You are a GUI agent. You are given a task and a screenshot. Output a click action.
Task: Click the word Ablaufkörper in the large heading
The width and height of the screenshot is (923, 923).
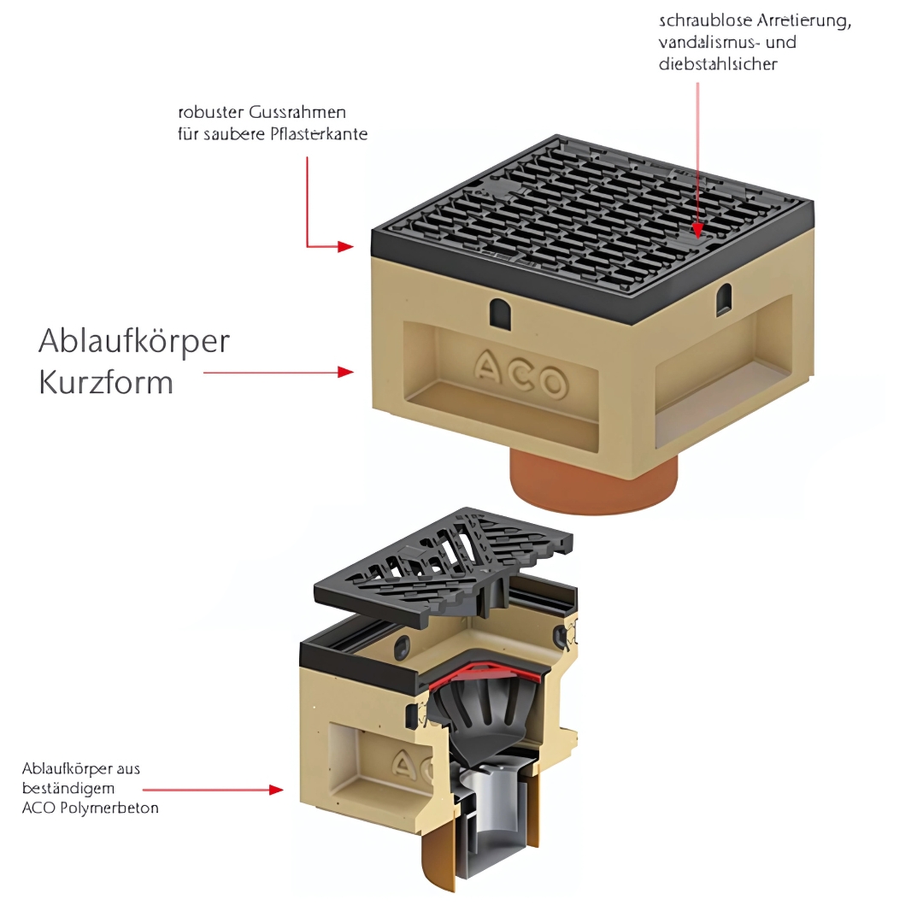coord(134,342)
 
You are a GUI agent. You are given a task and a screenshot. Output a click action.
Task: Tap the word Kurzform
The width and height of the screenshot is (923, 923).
coord(106,383)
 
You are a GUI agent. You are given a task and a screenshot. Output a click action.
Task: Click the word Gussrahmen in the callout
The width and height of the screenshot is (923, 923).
coord(297,112)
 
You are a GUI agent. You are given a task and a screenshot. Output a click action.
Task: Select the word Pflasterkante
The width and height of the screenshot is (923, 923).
coord(319,134)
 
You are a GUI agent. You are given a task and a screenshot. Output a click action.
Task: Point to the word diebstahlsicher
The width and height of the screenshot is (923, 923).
coord(718,63)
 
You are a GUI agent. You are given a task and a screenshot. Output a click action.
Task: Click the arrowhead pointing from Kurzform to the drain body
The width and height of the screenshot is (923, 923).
coord(346,372)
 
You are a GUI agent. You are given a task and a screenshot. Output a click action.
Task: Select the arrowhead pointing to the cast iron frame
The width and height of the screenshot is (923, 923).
coord(346,246)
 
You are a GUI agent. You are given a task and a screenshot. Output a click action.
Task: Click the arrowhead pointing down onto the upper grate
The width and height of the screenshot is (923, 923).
coord(698,231)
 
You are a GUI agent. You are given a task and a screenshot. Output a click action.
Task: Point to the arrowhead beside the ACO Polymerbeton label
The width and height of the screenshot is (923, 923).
coord(276,790)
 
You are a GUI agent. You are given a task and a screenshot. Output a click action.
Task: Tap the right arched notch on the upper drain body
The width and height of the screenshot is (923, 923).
coord(724,300)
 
